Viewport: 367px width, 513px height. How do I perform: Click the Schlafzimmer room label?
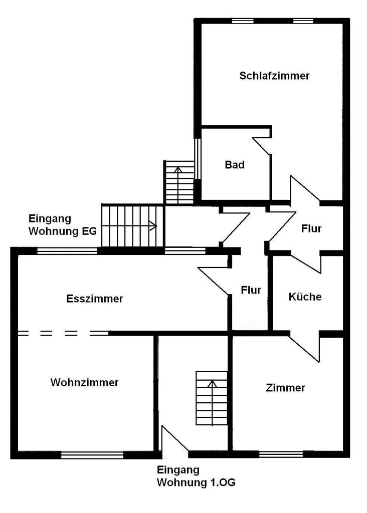coord(274,76)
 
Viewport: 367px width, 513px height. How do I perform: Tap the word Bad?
coord(235,164)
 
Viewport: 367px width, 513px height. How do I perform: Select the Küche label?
coord(305,297)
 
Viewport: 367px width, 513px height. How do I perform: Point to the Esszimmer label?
coord(95,299)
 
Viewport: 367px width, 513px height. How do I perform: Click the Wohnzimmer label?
coord(85,383)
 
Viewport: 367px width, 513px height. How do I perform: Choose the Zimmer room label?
coord(285,388)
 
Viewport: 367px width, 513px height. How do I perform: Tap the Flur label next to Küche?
coord(251,290)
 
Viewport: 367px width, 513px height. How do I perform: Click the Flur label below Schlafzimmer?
coord(311,229)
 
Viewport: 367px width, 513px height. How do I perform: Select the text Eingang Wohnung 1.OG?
coord(196,476)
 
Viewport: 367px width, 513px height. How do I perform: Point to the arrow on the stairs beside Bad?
coord(178,182)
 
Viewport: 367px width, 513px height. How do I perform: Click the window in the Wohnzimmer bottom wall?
coord(92,455)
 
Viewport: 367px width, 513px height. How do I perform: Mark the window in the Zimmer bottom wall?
coord(281,455)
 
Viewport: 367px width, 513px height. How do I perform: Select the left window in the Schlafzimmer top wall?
coord(243,21)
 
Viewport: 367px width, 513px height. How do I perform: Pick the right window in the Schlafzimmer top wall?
coord(303,21)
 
